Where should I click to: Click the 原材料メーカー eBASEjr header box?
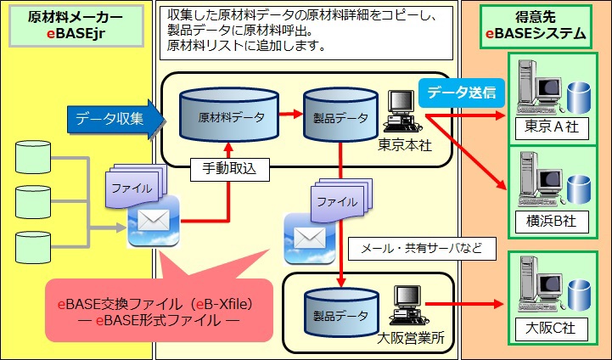75,25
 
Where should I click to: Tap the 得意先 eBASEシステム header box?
535,25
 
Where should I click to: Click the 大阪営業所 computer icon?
404,307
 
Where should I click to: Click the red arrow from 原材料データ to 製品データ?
290,113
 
